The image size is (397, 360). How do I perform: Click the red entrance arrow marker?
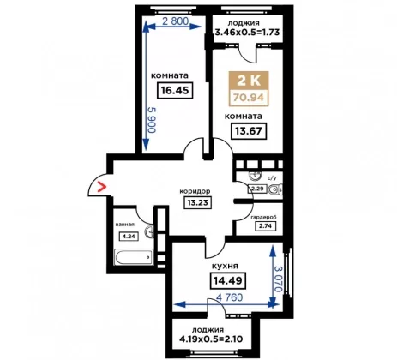click(102, 187)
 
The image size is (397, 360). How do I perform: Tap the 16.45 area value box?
click(175, 91)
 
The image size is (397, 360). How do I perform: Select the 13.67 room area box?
click(249, 131)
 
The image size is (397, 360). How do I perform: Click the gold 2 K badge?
click(249, 81)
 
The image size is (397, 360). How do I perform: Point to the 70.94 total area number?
click(249, 98)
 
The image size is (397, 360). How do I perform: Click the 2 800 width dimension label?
click(176, 21)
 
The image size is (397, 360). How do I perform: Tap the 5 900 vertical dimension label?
click(152, 120)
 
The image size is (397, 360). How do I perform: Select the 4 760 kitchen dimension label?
click(230, 297)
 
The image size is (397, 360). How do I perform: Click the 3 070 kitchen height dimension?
click(278, 279)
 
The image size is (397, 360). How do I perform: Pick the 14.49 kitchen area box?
click(228, 280)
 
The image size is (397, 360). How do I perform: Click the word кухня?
click(225, 267)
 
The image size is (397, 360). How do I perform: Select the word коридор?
click(195, 191)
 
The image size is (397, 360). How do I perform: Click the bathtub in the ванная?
click(134, 257)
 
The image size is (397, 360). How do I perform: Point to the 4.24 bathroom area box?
click(129, 237)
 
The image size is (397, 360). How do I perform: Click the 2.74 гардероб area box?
click(266, 226)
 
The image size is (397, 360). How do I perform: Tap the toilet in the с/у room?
click(276, 189)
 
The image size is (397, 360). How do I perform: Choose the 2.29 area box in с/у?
click(257, 189)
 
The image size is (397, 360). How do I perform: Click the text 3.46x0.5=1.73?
click(247, 32)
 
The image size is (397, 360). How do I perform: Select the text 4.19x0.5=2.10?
click(211, 339)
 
